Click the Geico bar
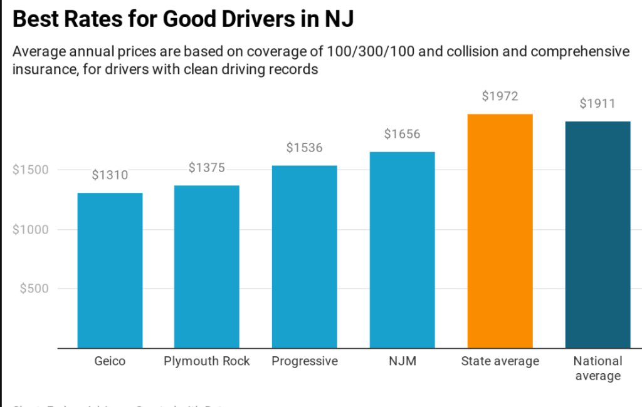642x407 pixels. [x=110, y=270]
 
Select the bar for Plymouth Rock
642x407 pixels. [x=206, y=267]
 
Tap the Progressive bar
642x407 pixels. [x=304, y=257]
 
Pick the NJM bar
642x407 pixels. [x=402, y=250]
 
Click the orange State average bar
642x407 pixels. [x=500, y=231]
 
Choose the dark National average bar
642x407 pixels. [x=597, y=235]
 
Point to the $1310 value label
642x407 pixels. [x=110, y=175]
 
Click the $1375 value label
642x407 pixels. [x=206, y=168]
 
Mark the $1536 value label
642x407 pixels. [x=304, y=148]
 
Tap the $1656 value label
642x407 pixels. [x=402, y=134]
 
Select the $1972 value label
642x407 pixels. [x=500, y=96]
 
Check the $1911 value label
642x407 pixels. [x=597, y=103]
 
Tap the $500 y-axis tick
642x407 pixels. [x=34, y=289]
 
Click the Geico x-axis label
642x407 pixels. [x=110, y=361]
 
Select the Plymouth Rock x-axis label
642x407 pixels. [x=206, y=361]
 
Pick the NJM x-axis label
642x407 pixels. [x=402, y=361]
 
